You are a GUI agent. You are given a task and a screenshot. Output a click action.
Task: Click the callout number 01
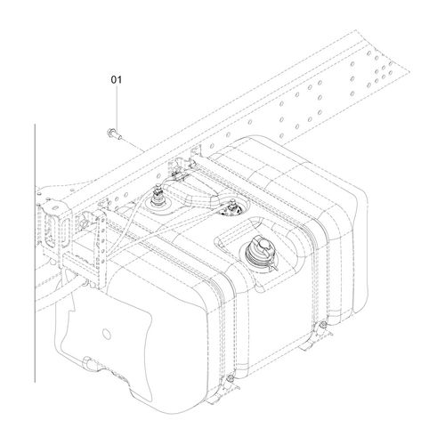click(x=117, y=80)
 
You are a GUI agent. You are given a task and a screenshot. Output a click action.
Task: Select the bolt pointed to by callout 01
click(x=115, y=134)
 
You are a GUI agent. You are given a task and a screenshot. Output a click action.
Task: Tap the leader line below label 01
click(x=117, y=108)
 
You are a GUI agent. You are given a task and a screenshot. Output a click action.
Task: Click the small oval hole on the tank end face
click(x=106, y=334)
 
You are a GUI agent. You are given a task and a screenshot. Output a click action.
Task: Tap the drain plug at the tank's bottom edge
click(x=89, y=362)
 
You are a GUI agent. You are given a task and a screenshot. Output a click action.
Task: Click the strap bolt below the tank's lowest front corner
click(x=230, y=378)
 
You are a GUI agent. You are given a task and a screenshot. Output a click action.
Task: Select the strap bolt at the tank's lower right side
click(x=322, y=324)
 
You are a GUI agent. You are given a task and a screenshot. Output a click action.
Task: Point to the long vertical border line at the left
click(x=35, y=253)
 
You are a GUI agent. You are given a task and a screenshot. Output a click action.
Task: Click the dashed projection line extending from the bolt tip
click(x=134, y=144)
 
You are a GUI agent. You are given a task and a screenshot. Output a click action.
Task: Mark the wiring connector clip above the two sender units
click(x=179, y=177)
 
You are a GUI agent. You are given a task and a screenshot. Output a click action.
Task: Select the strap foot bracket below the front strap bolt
click(x=224, y=392)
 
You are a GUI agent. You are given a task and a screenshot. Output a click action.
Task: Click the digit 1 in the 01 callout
click(x=119, y=80)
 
